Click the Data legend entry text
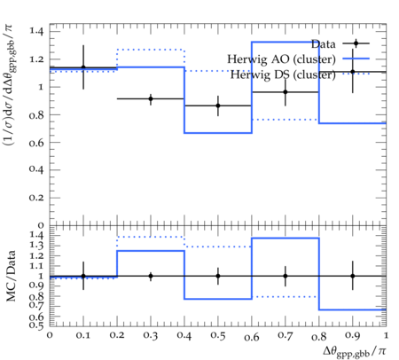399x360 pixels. (324, 44)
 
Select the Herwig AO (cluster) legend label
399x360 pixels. (281, 59)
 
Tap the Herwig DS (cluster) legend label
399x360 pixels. (283, 74)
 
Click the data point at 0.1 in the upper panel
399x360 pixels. (83, 67)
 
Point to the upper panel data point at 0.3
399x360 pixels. (151, 98)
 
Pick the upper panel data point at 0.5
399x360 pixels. (218, 106)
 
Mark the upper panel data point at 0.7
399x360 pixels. (286, 92)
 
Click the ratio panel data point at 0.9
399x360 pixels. (353, 276)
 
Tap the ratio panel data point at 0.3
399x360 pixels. (151, 276)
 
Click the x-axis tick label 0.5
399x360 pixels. (218, 336)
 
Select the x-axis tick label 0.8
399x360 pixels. (319, 336)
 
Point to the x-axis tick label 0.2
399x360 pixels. (117, 336)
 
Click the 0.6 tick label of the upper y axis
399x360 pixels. (36, 143)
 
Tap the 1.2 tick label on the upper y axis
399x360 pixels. (36, 59)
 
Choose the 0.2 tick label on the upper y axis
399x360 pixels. (36, 198)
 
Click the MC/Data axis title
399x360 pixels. (11, 276)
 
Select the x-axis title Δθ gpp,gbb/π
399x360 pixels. (355, 352)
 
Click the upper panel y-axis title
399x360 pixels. (10, 85)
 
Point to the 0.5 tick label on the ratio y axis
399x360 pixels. (36, 325)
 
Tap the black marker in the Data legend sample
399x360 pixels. (356, 43)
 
